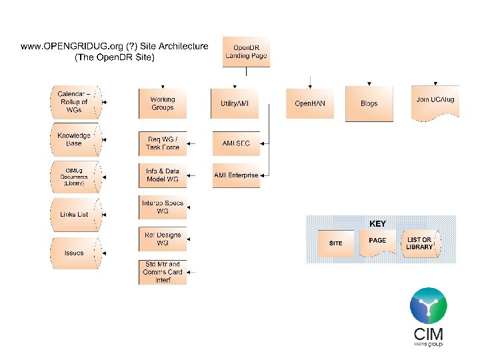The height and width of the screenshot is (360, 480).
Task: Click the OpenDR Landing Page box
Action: pos(246,52)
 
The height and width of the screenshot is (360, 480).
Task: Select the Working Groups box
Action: pos(163,104)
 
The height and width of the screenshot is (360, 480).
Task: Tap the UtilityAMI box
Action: pos(235,104)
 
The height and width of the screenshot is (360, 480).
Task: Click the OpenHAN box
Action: pos(309,104)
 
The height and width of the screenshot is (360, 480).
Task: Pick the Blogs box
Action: pos(369,104)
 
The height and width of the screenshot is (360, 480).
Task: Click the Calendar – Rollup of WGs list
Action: pos(74,101)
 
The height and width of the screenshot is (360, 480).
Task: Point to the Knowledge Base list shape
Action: pos(74,140)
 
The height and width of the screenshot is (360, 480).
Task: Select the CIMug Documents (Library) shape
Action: pos(74,177)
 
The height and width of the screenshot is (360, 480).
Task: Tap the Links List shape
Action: pos(74,214)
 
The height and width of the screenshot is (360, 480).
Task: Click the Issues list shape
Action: pos(74,253)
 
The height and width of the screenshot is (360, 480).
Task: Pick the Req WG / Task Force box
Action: pos(163,143)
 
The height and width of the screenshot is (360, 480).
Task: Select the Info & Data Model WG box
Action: pos(163,175)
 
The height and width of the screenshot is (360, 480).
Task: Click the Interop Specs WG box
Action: pos(163,207)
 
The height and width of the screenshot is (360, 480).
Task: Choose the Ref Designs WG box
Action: pos(163,239)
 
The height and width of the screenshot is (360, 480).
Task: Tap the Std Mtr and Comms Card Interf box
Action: pos(163,272)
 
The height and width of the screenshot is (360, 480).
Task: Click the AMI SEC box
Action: pos(235,143)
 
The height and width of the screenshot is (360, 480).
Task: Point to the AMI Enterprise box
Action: pos(236,175)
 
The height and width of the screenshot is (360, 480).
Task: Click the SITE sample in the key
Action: pos(335,243)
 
